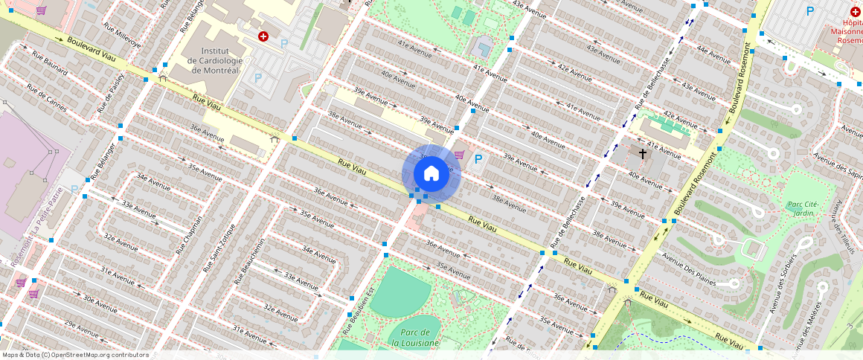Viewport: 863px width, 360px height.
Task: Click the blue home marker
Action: pos(431,174)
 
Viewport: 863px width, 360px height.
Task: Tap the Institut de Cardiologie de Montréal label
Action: pos(215,60)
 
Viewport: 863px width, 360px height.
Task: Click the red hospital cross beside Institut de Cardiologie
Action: pos(263,36)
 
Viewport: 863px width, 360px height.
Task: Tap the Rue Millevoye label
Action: pos(122,35)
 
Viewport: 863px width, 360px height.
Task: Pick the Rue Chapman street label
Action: pos(189,235)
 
